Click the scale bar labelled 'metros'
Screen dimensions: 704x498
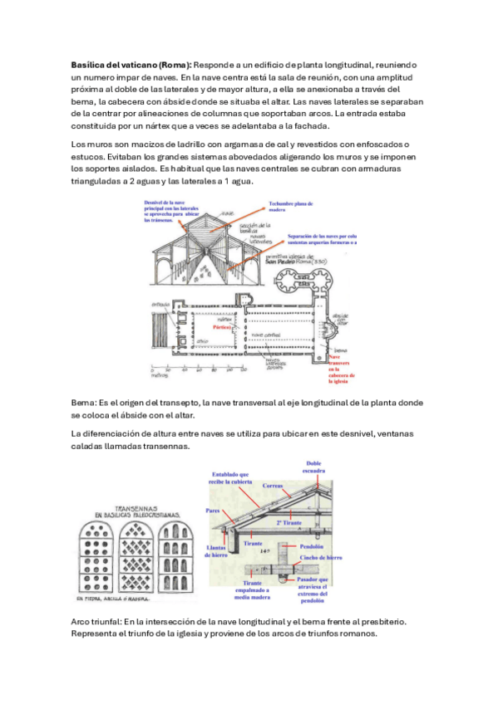[x=160, y=373]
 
